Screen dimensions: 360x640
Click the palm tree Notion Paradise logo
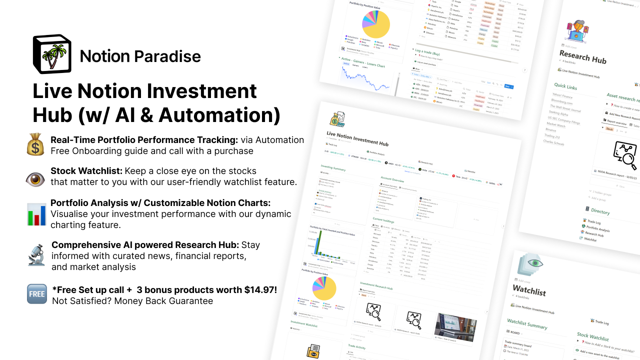pyautogui.click(x=52, y=54)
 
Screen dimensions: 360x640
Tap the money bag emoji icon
pyautogui.click(x=36, y=145)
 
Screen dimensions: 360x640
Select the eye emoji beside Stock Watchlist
pyautogui.click(x=35, y=179)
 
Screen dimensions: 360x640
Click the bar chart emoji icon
pyautogui.click(x=36, y=214)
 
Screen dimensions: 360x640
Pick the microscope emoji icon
pyautogui.click(x=36, y=255)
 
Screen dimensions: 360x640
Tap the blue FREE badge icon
pyautogui.click(x=36, y=294)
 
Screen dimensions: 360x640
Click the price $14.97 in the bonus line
pyautogui.click(x=260, y=290)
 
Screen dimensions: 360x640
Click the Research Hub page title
pyautogui.click(x=582, y=57)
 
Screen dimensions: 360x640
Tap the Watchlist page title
pyautogui.click(x=529, y=290)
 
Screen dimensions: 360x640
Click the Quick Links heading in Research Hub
pyautogui.click(x=565, y=87)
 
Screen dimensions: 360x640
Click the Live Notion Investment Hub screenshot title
pyautogui.click(x=357, y=139)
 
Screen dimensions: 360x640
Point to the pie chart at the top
pyautogui.click(x=375, y=23)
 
